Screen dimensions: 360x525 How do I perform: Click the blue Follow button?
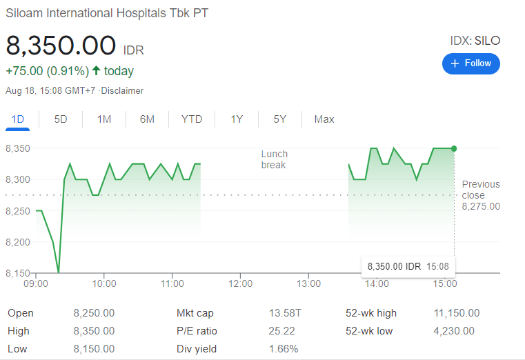click(x=471, y=63)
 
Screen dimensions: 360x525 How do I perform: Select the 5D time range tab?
click(x=61, y=119)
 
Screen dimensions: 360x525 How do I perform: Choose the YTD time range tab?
click(x=192, y=119)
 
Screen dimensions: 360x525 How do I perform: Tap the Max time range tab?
click(x=324, y=119)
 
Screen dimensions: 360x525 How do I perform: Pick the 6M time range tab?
click(x=147, y=119)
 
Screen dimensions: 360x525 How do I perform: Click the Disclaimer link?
click(x=122, y=90)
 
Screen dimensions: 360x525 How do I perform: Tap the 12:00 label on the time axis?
click(x=240, y=283)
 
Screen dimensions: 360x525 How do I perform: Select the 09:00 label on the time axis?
click(x=35, y=283)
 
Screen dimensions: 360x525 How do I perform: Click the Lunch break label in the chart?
click(x=275, y=159)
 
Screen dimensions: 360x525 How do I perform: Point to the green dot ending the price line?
click(x=454, y=148)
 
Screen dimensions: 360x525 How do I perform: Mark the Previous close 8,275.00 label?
click(x=481, y=195)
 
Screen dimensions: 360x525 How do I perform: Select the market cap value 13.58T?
click(x=285, y=313)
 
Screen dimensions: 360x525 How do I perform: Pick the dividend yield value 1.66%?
click(x=284, y=349)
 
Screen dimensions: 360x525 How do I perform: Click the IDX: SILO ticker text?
click(x=475, y=41)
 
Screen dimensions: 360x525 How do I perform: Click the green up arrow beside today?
click(x=96, y=70)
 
